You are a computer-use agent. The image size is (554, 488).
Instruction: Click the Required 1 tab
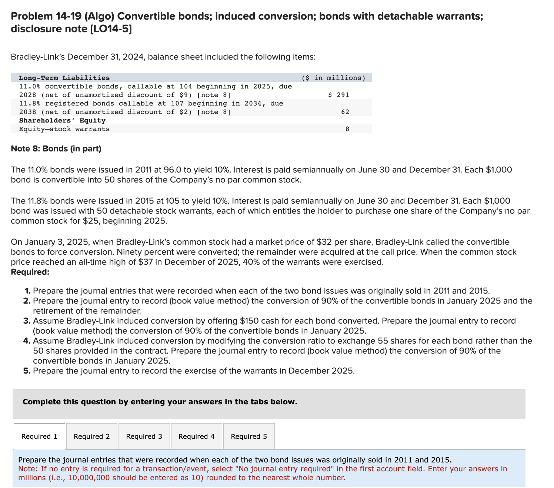pos(39,436)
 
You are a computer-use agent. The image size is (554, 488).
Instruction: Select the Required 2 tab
pos(91,436)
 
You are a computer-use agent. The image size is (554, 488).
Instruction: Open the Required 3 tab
pos(144,436)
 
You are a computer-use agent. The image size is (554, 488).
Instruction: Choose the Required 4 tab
pos(196,436)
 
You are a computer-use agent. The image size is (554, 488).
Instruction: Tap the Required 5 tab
pos(249,436)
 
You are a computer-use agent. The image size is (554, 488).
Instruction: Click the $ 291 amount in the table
pos(338,95)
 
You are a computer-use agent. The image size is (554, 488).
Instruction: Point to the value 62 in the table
pos(345,112)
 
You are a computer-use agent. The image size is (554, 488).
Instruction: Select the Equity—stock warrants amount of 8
pos(347,129)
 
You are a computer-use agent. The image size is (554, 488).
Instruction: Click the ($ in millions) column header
pos(333,78)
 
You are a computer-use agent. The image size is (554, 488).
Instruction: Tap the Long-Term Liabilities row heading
pos(64,78)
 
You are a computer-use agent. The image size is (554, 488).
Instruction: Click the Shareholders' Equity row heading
pos(62,120)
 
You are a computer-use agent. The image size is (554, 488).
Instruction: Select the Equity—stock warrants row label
pos(64,129)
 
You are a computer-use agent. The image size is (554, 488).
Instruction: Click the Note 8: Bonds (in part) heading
pos(56,148)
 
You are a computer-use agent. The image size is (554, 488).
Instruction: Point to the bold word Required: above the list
pos(30,272)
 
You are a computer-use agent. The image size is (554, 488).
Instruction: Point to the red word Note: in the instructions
pos(28,469)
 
